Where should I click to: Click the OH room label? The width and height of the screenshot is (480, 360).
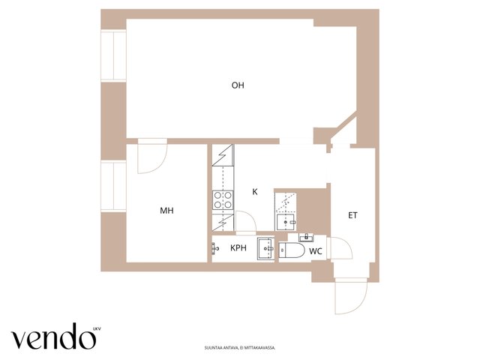point(238,85)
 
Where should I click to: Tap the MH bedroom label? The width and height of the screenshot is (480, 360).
point(166,211)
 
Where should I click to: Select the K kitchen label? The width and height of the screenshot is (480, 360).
point(255,192)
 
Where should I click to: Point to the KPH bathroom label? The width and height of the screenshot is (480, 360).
point(238,248)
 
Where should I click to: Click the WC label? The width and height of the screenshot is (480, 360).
point(316,251)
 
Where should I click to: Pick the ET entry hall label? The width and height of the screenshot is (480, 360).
point(352,215)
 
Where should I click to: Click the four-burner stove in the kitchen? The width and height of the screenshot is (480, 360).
point(223,200)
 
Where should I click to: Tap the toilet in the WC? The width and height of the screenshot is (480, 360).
point(292,250)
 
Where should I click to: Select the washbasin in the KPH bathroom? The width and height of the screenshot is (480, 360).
point(265,248)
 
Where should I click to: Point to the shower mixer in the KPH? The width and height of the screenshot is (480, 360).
point(215,248)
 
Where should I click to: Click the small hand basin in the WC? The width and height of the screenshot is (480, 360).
point(306,237)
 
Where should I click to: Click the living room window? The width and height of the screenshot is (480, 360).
point(113,55)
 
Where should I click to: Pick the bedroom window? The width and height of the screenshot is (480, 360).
point(113,186)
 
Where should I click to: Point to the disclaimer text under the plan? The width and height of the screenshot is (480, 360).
point(240,348)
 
